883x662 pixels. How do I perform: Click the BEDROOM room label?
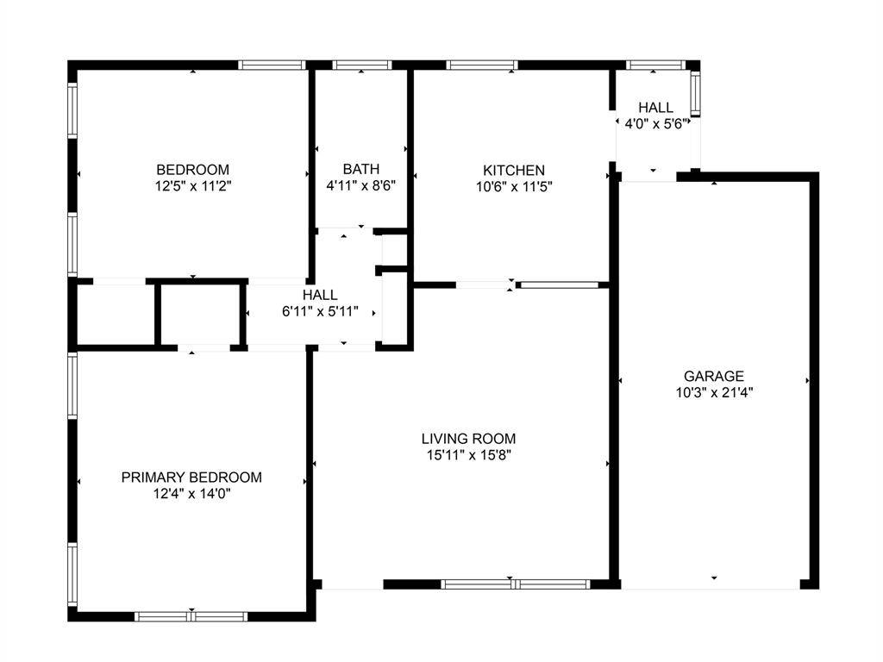(x=192, y=169)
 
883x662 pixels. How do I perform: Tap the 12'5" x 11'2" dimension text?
(x=192, y=185)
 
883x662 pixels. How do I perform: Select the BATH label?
(x=360, y=169)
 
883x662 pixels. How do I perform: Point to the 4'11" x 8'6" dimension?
(x=360, y=185)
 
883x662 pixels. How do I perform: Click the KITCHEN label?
(x=513, y=170)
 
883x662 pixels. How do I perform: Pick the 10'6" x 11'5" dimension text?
(x=513, y=185)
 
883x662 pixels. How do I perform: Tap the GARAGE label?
(x=713, y=376)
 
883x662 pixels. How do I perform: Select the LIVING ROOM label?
(x=468, y=439)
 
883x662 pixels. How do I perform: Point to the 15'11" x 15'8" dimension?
(x=468, y=455)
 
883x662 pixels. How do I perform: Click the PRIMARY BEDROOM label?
(x=191, y=477)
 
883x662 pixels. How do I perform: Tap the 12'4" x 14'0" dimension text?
(x=191, y=493)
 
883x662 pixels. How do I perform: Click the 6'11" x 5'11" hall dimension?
(x=320, y=311)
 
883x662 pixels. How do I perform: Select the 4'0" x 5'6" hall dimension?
(x=655, y=123)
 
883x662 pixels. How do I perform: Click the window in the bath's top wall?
(x=362, y=65)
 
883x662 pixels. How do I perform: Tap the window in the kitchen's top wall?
(x=483, y=65)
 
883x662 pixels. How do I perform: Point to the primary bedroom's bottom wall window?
(x=191, y=615)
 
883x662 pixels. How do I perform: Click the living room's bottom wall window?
(x=515, y=584)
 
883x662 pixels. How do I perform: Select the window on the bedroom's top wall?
(x=272, y=65)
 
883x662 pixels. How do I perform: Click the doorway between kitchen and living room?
(x=485, y=284)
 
